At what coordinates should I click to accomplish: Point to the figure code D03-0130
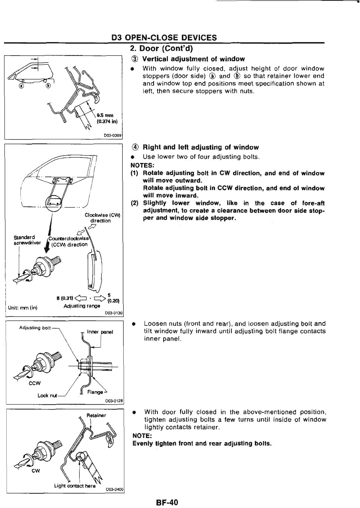(x=113, y=313)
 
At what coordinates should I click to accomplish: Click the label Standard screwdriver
(x=25, y=240)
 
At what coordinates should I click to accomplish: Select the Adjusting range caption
(x=82, y=306)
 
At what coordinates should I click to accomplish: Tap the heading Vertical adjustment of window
(x=193, y=59)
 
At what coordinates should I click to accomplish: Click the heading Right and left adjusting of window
(x=201, y=147)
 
